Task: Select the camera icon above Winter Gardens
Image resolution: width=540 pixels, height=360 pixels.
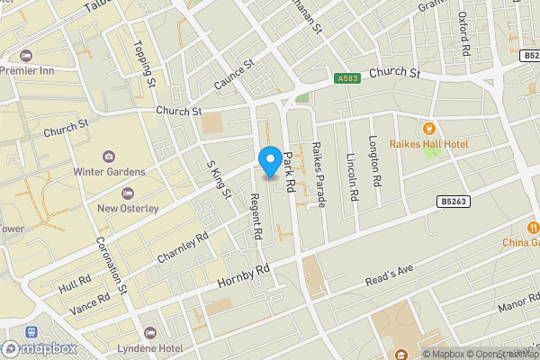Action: point(109,157)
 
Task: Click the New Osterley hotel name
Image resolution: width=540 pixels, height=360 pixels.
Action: point(128,208)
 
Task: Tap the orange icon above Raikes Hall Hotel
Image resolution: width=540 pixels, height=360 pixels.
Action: point(429,127)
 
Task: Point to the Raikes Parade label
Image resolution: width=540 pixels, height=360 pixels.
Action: point(317,173)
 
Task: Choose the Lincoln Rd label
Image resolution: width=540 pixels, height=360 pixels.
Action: point(352,175)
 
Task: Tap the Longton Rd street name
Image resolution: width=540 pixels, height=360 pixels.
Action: point(375,161)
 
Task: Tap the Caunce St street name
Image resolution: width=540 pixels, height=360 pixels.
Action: point(235,76)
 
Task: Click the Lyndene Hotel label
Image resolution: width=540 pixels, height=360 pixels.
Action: point(149,347)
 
